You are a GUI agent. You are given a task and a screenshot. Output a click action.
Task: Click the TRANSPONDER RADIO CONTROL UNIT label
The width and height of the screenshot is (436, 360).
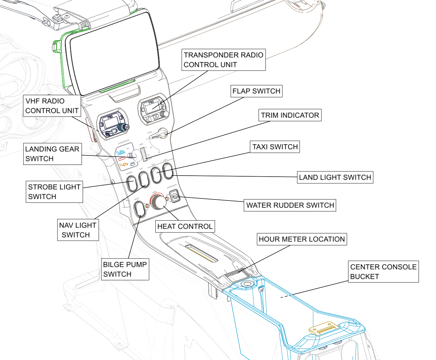click(224, 60)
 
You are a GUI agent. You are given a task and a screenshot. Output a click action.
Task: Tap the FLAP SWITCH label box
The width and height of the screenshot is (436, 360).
click(256, 91)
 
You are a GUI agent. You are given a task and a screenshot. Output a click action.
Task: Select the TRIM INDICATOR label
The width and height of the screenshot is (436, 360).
click(290, 115)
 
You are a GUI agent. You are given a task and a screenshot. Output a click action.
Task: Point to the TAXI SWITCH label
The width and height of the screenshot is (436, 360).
click(275, 147)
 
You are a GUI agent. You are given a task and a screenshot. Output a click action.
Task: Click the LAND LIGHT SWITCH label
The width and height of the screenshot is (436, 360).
click(335, 177)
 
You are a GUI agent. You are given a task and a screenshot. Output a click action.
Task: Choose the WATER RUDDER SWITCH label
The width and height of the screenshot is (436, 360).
click(290, 205)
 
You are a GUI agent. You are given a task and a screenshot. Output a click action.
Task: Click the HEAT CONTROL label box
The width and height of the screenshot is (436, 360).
click(185, 226)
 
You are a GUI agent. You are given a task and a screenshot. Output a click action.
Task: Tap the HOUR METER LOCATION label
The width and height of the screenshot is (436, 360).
click(302, 239)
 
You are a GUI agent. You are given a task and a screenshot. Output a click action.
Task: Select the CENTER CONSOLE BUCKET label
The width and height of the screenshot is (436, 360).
click(383, 272)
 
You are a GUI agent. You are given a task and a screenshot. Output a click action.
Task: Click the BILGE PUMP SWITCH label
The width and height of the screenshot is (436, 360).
click(125, 269)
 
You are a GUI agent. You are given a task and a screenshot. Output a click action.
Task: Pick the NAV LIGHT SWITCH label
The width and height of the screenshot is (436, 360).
click(78, 230)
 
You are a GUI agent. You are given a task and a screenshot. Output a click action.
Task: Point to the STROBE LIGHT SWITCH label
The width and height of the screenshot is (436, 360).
click(54, 192)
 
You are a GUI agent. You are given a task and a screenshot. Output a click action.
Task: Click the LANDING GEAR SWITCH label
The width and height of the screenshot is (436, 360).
click(52, 154)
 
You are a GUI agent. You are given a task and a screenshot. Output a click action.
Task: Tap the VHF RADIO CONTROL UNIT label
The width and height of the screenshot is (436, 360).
click(52, 106)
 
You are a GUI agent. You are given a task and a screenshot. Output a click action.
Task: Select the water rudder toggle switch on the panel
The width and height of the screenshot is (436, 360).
click(175, 196)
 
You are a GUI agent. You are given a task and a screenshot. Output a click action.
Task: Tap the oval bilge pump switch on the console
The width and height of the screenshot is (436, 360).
click(139, 209)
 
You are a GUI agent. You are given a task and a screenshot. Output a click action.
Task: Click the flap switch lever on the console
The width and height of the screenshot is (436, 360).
click(159, 134)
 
